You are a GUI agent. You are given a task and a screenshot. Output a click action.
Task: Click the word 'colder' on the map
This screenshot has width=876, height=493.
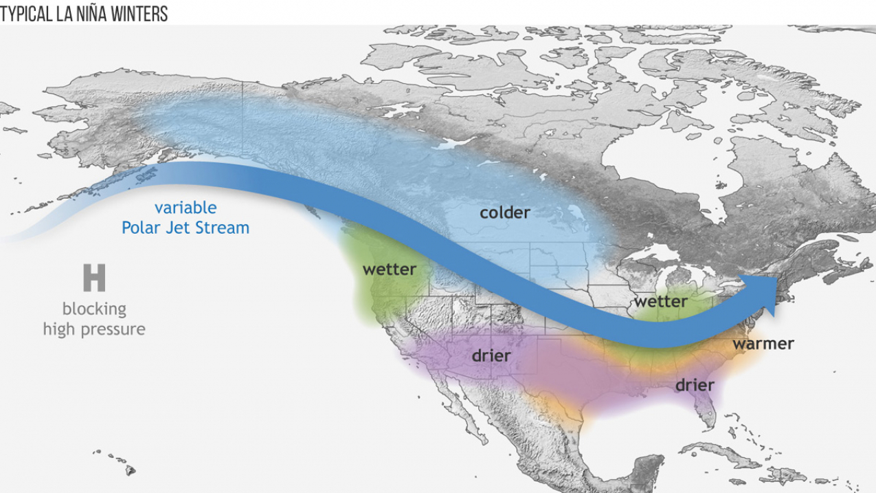tap(505, 212)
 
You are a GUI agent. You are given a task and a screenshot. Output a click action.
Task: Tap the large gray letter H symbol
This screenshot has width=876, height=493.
tap(94, 278)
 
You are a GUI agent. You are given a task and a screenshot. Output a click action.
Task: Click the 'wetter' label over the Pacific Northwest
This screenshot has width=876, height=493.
tap(390, 269)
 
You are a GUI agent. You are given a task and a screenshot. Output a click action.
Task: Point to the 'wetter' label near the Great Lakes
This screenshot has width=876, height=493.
tap(660, 301)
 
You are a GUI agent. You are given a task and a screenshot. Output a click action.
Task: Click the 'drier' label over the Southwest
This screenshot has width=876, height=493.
tap(491, 355)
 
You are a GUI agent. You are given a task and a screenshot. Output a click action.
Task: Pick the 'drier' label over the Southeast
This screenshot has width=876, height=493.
tap(695, 384)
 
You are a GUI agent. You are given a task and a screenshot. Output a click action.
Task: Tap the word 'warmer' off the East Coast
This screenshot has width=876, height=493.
tap(763, 343)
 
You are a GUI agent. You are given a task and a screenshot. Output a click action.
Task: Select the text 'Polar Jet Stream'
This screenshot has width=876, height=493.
tap(186, 228)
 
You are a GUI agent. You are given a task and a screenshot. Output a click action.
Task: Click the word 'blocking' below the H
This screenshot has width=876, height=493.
tap(94, 309)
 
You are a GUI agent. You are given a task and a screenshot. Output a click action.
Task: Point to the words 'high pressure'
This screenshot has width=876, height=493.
tap(94, 329)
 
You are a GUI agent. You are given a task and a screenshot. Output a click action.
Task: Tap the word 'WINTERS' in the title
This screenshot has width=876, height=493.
tap(141, 14)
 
